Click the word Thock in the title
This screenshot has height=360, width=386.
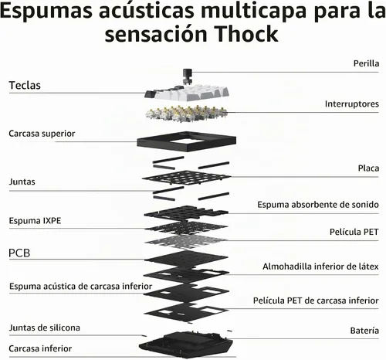tap(246, 34)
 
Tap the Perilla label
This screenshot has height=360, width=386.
tap(366, 63)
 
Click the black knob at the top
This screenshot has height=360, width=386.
tap(187, 76)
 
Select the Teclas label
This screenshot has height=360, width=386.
tap(25, 85)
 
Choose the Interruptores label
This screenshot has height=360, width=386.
tap(351, 104)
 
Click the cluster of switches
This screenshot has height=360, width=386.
tap(187, 113)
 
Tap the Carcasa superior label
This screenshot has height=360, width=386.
tap(42, 134)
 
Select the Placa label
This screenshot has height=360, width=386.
tap(368, 168)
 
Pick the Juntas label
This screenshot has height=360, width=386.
tap(22, 182)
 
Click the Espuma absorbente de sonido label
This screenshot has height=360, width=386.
tap(318, 205)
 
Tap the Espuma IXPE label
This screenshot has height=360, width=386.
tap(35, 221)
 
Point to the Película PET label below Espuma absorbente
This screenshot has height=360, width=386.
tap(354, 232)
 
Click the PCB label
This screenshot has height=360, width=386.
tap(19, 253)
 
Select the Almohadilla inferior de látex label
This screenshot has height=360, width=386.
tap(320, 267)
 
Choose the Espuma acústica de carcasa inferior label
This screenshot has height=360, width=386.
tap(81, 286)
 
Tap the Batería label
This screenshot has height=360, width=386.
tap(364, 331)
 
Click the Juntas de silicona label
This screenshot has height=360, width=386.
tap(45, 328)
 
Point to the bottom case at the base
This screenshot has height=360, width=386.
tap(186, 345)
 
